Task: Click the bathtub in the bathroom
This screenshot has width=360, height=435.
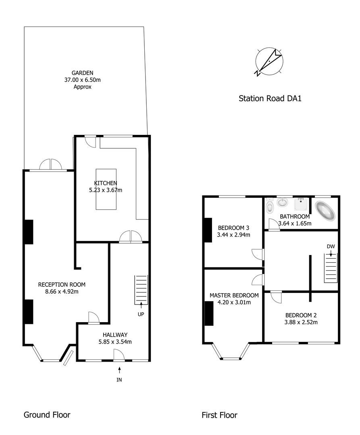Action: [325, 211]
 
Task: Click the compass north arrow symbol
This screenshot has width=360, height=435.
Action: [269, 62]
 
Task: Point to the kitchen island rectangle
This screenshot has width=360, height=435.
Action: [106, 189]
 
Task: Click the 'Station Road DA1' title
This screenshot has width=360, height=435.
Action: [270, 99]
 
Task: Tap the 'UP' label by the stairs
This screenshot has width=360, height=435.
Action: [141, 314]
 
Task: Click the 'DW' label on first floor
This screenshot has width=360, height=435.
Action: [331, 246]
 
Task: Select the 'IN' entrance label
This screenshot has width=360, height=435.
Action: [119, 380]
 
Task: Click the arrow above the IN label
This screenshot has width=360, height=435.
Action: [119, 370]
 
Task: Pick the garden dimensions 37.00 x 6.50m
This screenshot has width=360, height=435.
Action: [82, 80]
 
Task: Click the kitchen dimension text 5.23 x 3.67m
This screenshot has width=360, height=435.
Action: [106, 190]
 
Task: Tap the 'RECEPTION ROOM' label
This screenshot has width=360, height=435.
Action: [62, 285]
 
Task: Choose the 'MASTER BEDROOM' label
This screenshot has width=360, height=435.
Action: [234, 296]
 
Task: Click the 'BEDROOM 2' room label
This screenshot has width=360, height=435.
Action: [301, 315]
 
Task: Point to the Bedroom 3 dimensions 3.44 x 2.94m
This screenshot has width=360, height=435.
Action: [233, 235]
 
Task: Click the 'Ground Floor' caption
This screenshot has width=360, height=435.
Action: [47, 415]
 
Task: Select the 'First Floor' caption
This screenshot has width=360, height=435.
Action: [219, 415]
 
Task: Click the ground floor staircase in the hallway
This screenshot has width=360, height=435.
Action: [141, 290]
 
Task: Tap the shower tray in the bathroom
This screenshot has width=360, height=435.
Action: [301, 204]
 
